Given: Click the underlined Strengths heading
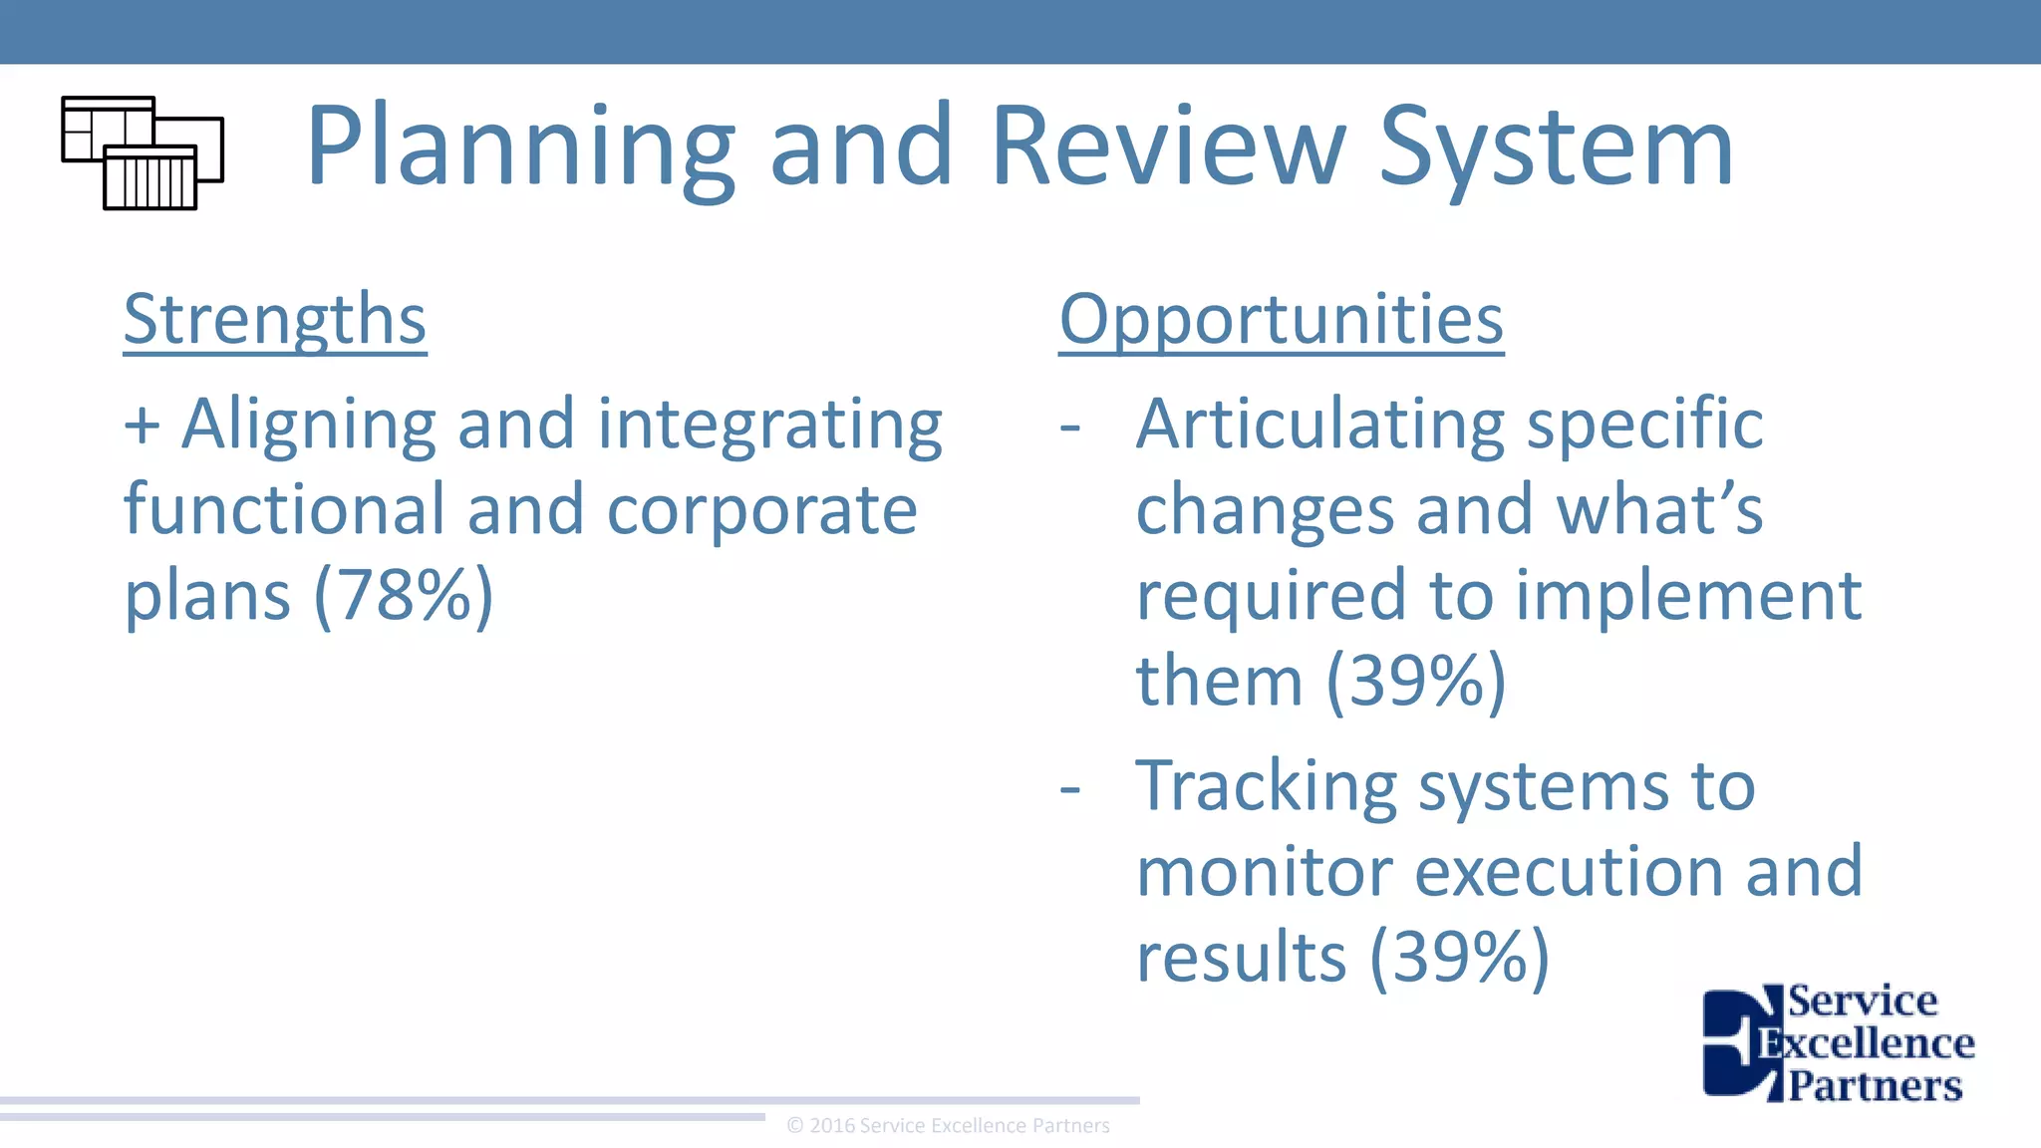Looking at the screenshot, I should coord(275,320).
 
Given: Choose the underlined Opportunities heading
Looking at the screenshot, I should coord(1281,320).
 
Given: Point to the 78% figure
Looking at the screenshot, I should coord(404,595).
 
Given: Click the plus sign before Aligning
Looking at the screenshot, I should coord(142,425).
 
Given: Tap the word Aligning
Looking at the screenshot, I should coord(308,425).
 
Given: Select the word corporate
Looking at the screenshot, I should coord(761,510).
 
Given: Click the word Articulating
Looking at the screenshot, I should coord(1320,425).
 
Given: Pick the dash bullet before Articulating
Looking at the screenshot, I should coord(1070,427).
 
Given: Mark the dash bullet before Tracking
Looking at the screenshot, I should coord(1070,788).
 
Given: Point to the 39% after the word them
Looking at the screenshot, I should coord(1416,681).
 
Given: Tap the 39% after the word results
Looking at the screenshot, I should coord(1460,957).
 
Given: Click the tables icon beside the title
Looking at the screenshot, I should coord(143,152).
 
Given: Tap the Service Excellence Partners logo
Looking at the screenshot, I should coord(1838,1042).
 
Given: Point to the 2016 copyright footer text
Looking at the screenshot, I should coord(948,1126).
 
